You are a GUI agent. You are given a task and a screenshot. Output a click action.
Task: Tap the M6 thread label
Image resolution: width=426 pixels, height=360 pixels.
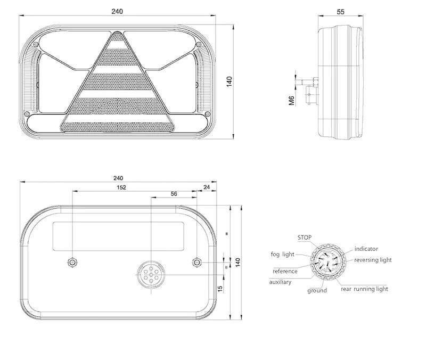coord(292,100)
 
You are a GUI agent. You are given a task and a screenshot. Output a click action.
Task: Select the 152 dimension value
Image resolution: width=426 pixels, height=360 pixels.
coord(121,187)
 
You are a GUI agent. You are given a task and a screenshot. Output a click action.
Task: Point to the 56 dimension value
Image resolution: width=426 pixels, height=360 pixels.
coord(174,194)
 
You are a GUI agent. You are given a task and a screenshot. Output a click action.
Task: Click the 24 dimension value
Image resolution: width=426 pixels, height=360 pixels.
coord(207,187)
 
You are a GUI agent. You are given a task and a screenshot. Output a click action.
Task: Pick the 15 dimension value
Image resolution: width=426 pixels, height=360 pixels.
coord(220,288)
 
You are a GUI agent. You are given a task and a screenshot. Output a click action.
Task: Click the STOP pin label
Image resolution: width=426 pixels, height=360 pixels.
coord(305,238)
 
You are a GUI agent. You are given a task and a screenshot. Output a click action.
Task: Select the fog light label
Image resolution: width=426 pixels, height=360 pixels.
coord(282,255)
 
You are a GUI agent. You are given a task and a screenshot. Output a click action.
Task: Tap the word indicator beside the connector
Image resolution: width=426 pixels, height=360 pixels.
coord(366,249)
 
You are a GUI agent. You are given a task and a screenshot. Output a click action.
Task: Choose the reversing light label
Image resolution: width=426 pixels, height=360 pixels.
coord(373,260)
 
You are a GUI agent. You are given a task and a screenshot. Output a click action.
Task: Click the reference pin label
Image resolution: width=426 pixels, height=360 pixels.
coord(285,271)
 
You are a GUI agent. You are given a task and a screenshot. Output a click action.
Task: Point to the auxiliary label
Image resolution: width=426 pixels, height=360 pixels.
coord(280,282)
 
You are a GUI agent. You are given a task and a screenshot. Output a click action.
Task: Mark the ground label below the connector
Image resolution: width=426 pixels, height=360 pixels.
coord(317,291)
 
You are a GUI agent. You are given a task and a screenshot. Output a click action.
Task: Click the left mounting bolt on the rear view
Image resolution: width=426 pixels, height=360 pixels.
coord(72,262)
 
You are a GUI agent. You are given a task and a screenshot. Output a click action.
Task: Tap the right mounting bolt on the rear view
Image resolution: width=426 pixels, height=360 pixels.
coord(196,262)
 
